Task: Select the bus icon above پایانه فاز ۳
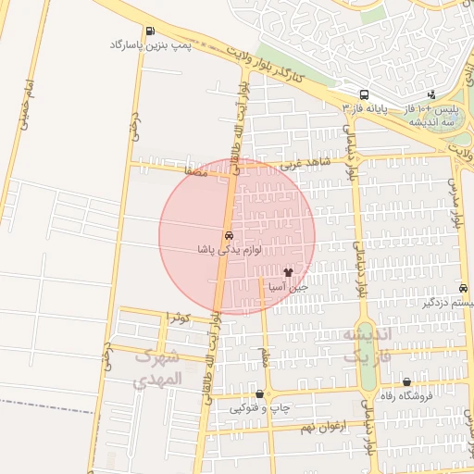point(365,94)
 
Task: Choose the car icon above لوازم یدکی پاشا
point(228,235)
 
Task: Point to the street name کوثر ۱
point(177,318)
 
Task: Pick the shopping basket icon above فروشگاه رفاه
point(406,381)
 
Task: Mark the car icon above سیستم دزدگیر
point(462,288)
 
